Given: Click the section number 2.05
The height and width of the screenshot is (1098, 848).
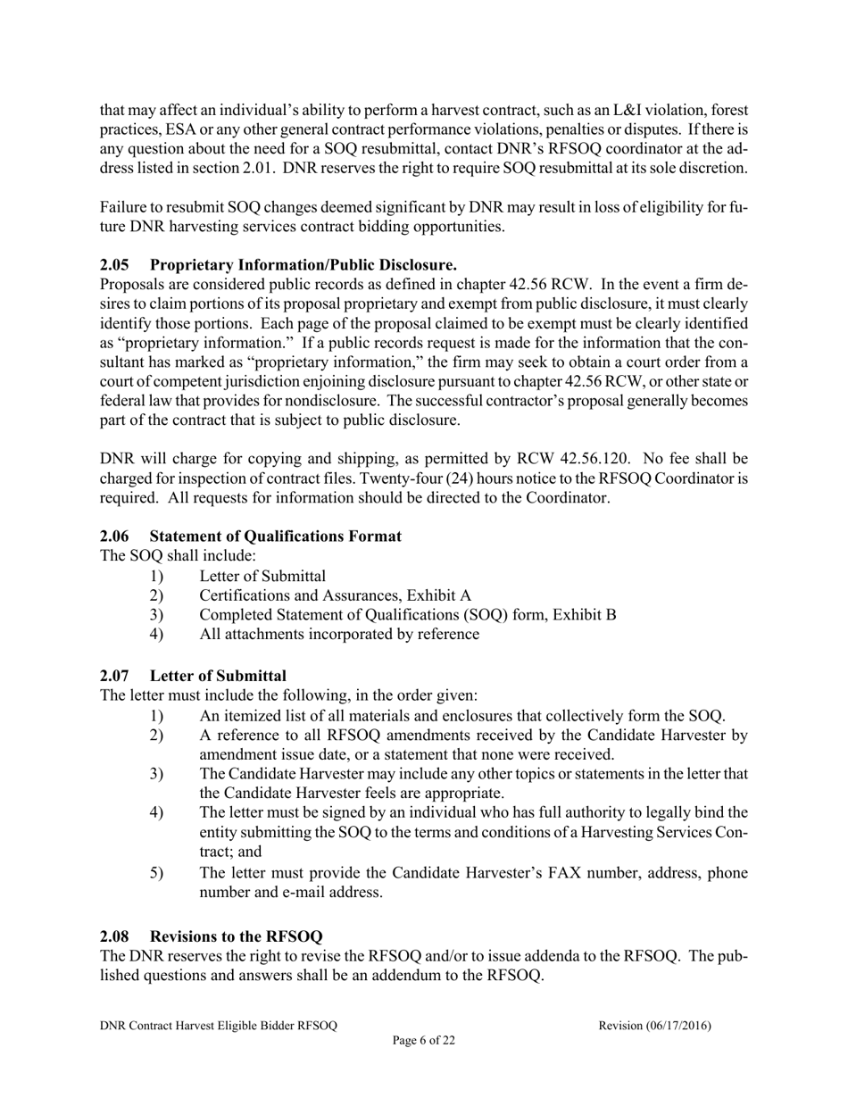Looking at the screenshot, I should pos(114,265).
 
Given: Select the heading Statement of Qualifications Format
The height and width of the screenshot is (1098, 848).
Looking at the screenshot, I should pos(275,537).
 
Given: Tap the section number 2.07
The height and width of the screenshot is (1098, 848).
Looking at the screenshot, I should pos(114,675).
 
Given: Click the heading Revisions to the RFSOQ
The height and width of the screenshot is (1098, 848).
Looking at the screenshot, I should pos(236,936).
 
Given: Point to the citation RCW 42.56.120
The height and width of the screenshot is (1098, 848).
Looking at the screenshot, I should pos(567,459).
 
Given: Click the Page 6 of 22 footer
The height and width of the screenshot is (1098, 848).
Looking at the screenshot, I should pos(424,1040).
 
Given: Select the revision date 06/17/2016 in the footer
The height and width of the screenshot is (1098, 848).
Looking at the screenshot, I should pos(678,1026).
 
